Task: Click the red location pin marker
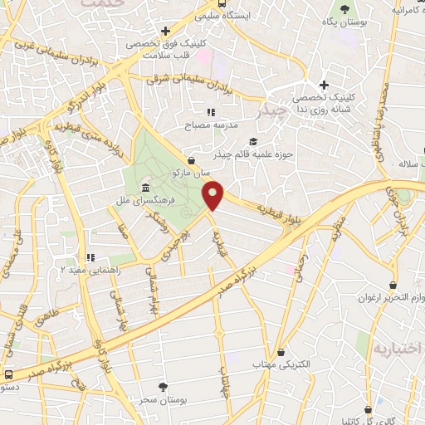coord(213,195)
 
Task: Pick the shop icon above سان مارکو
coord(193,160)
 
